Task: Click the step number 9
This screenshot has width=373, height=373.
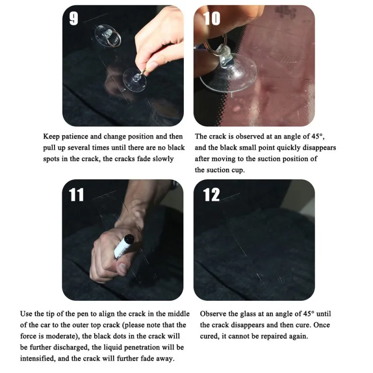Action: [74, 19]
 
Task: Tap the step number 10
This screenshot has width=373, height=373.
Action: [212, 19]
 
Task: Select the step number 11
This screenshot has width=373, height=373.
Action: [76, 195]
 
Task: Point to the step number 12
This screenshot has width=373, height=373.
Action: [211, 195]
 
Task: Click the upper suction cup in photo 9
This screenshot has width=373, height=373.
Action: [107, 36]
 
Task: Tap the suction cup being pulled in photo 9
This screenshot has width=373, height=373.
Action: [134, 80]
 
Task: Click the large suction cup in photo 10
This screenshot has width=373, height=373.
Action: [228, 71]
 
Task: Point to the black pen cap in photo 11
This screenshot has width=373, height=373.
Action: [130, 239]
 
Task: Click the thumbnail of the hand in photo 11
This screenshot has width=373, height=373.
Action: [123, 269]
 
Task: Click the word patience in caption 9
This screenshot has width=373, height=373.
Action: [75, 137]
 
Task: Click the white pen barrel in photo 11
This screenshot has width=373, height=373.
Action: [121, 249]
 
